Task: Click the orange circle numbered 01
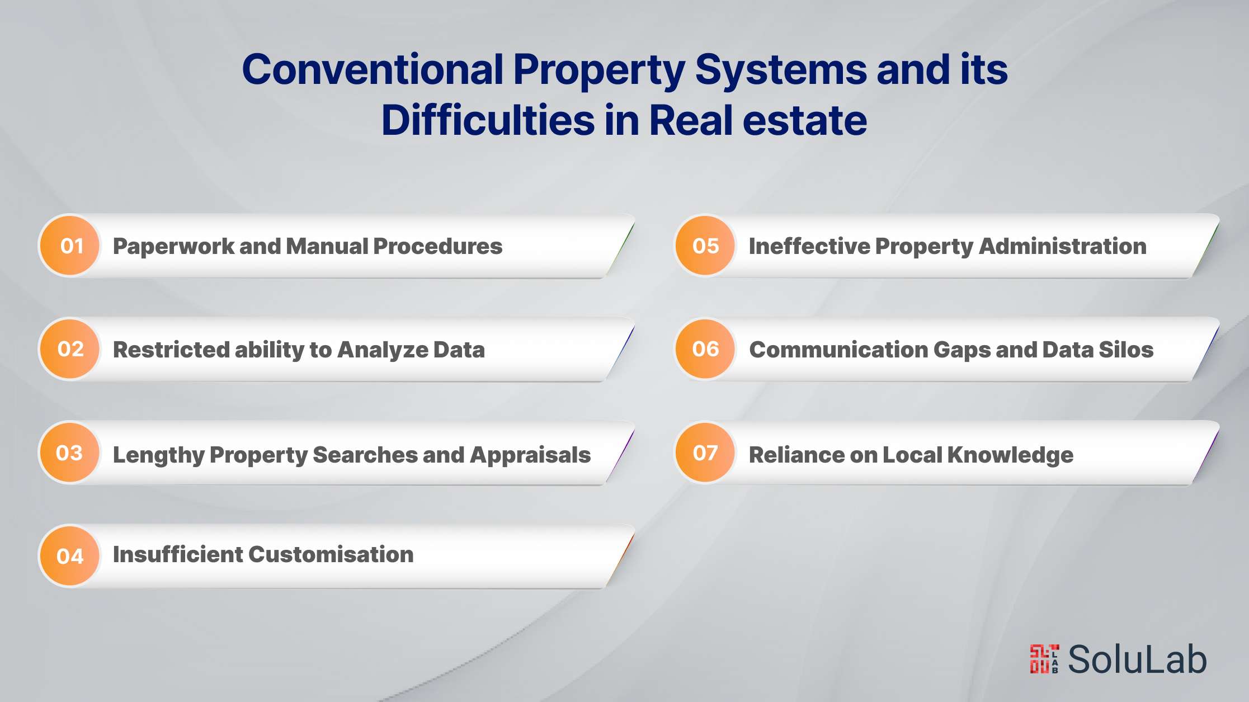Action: tap(70, 246)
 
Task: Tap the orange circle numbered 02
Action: tap(70, 349)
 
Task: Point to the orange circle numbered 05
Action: tap(705, 246)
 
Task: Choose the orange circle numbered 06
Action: tap(705, 349)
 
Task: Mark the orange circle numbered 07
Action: tap(705, 453)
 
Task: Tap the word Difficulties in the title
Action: tap(488, 120)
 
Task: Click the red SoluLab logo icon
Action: tap(1044, 659)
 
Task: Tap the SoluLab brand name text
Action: tap(1138, 659)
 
